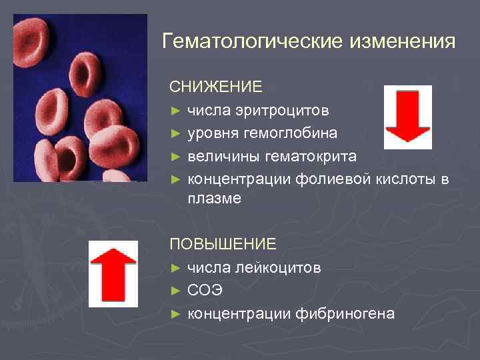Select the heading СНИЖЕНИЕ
(x=215, y=87)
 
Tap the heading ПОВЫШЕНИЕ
(x=223, y=245)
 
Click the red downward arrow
(x=407, y=117)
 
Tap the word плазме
(x=214, y=199)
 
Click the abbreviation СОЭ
(x=205, y=291)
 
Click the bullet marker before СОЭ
(x=175, y=291)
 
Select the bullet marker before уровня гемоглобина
(x=175, y=133)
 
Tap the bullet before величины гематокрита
(x=175, y=157)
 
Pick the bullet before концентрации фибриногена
(x=175, y=314)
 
